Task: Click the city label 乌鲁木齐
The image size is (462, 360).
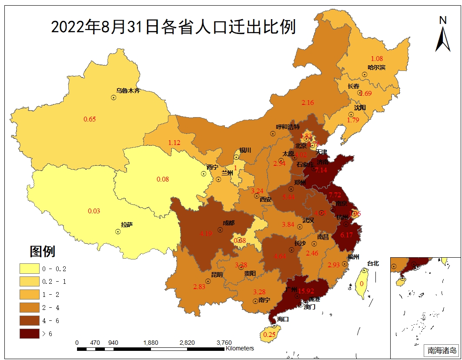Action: [128, 91]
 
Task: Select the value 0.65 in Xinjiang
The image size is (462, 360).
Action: [90, 119]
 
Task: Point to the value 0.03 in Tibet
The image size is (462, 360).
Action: [94, 211]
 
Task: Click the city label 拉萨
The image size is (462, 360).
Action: [127, 225]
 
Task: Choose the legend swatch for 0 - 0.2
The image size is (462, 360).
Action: [32, 269]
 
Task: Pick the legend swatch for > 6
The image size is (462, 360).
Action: [32, 334]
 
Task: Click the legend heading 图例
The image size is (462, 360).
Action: [42, 251]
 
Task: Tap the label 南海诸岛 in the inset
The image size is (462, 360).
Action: [442, 350]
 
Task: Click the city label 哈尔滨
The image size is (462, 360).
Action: [376, 67]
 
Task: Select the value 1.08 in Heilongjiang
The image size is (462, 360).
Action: [377, 58]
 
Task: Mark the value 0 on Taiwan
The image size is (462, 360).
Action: [362, 284]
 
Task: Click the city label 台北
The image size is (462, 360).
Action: [373, 263]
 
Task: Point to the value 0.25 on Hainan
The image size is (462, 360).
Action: [270, 334]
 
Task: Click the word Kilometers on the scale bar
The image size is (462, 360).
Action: [240, 348]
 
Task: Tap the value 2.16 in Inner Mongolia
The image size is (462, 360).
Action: [308, 103]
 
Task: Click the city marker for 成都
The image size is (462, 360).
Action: [221, 229]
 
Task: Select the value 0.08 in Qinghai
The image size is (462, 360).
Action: [163, 179]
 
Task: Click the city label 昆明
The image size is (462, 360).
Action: [217, 275]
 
